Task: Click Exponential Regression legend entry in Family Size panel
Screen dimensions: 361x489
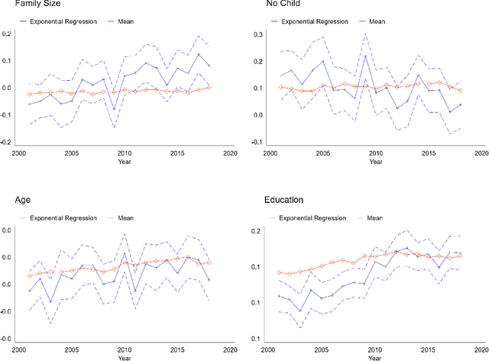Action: [61, 21]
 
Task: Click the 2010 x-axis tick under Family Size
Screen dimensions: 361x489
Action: [123, 153]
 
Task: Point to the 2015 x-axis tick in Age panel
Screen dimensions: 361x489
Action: [176, 350]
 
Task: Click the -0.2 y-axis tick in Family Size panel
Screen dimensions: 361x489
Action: [6, 143]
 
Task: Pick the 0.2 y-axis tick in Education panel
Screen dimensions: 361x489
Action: [256, 231]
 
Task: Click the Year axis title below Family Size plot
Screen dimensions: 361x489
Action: [124, 162]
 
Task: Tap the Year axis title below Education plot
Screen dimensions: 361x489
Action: [374, 358]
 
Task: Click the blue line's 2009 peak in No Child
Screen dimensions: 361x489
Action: [364, 55]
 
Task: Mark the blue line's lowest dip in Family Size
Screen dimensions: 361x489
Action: [114, 109]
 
